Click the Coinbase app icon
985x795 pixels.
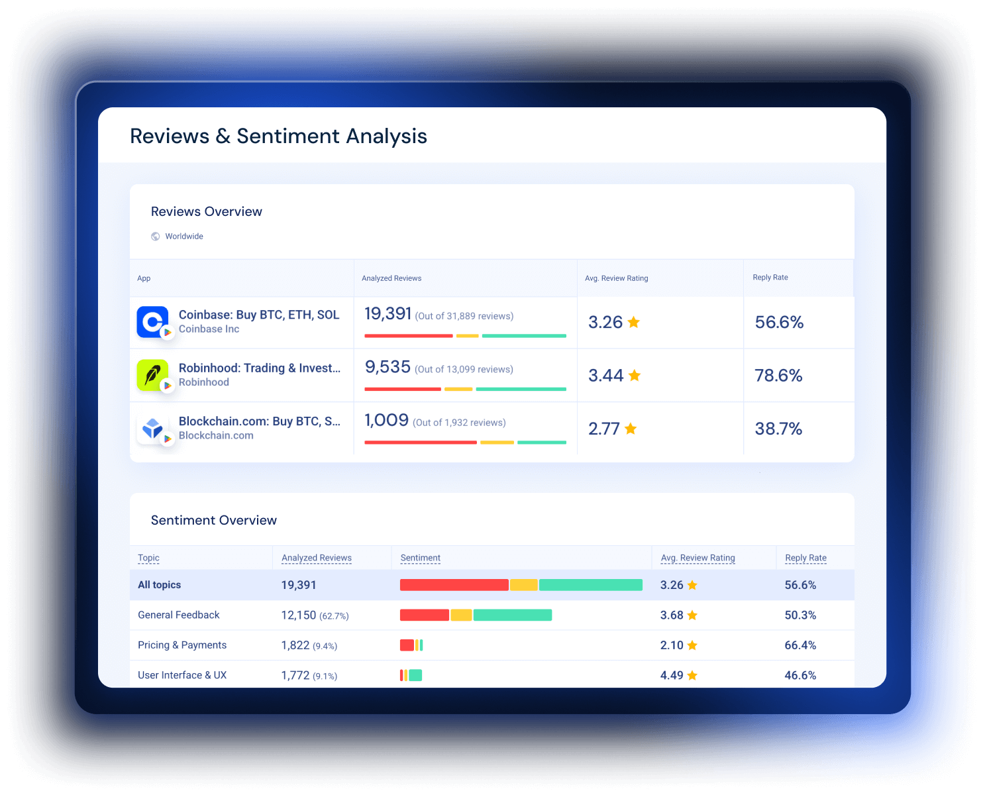coord(152,322)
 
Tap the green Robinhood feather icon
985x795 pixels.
coord(152,375)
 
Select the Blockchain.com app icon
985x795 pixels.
coord(152,429)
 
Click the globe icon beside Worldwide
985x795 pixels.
coord(156,237)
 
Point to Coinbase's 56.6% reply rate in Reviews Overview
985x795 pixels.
coord(779,323)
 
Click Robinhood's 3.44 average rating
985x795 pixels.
coord(605,376)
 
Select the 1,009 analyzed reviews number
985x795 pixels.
coord(386,420)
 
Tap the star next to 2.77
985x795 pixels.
coord(631,429)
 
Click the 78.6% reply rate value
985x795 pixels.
coord(778,376)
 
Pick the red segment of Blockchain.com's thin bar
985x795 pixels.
coord(421,443)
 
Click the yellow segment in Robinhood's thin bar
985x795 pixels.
coord(458,390)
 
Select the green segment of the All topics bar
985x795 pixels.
coord(591,585)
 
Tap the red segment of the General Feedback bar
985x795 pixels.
coord(425,615)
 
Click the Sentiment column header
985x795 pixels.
coord(420,558)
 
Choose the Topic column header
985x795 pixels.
coord(149,558)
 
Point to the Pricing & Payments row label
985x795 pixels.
coord(182,645)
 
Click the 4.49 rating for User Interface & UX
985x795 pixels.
coord(672,675)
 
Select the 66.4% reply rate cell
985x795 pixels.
coord(800,645)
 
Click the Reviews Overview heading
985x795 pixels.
coord(207,211)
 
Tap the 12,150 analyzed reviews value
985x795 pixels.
coord(299,615)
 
